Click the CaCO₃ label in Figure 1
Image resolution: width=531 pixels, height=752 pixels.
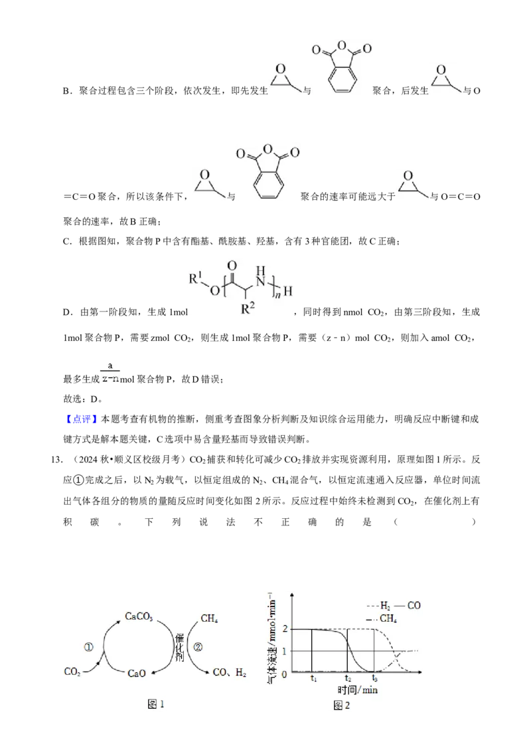[x=139, y=616]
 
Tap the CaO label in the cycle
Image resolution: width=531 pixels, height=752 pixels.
[x=137, y=674]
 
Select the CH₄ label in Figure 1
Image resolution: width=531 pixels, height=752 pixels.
[x=210, y=618]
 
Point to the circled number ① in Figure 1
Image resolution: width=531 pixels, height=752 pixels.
[x=89, y=648]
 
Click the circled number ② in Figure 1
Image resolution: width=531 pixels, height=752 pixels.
[x=198, y=647]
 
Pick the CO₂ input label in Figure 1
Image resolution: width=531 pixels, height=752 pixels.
[x=72, y=672]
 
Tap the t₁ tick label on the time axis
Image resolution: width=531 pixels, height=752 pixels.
[x=313, y=679]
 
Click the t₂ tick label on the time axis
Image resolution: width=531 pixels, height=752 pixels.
[x=348, y=679]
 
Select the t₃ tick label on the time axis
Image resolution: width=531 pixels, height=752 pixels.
[x=375, y=679]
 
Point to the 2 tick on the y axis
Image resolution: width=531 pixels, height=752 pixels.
[x=285, y=628]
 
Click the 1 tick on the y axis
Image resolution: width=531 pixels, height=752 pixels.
[x=285, y=651]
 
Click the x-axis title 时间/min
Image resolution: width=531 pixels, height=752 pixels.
[x=358, y=690]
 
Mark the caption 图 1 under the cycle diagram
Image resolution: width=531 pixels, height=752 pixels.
[x=156, y=705]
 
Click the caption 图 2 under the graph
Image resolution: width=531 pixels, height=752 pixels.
[x=342, y=705]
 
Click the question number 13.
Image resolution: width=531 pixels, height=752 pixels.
[x=56, y=460]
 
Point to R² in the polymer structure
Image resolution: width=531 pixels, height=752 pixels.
[x=248, y=308]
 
